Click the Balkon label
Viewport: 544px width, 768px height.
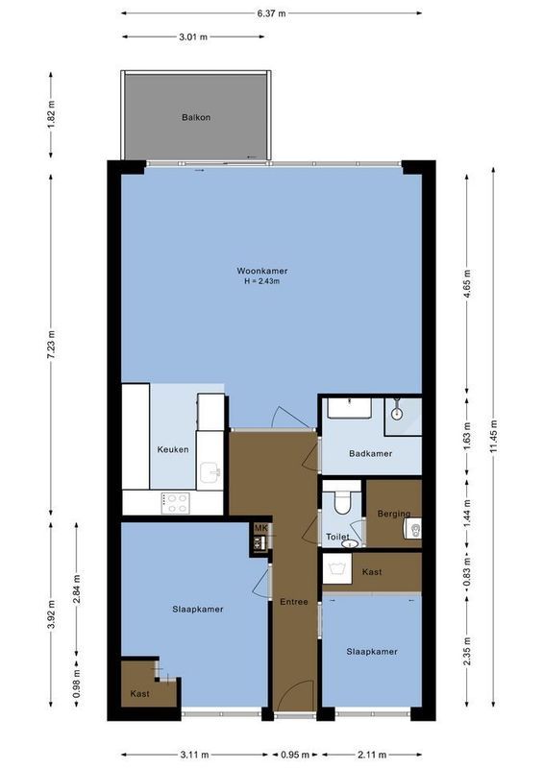pos(196,118)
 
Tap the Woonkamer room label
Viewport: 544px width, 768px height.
pos(264,271)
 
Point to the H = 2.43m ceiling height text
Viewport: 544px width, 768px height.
pos(265,282)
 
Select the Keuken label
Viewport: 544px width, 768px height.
pos(173,449)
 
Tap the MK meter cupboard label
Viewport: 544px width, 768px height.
pos(260,528)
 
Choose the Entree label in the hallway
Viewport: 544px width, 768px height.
pos(294,602)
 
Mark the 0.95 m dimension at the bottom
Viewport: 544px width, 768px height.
pos(295,754)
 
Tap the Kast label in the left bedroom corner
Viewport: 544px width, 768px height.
pos(139,693)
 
